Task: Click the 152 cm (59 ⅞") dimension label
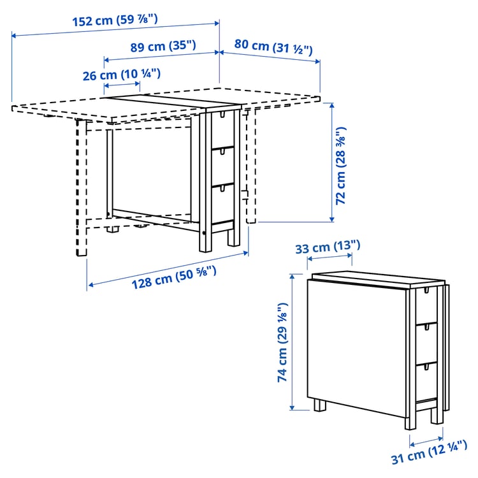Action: pos(115,20)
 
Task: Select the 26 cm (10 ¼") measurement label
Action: pos(121,75)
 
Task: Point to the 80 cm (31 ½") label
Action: pos(273,46)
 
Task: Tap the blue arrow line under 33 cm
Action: pos(330,256)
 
